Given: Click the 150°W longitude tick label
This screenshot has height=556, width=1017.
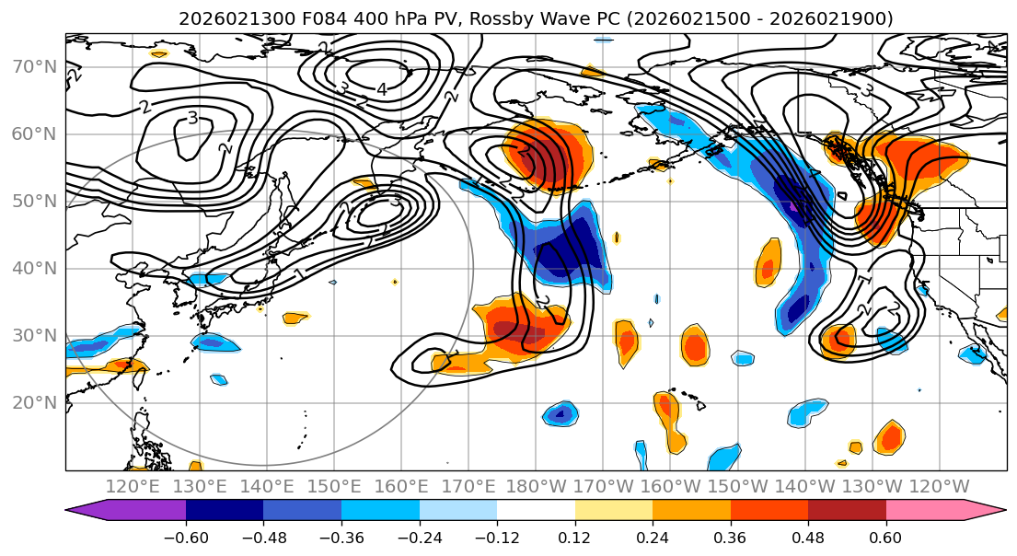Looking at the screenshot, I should pos(737,486).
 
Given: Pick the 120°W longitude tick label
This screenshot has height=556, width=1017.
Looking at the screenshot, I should pos(939,486).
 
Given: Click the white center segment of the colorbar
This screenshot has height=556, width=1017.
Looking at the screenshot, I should pos(536,511).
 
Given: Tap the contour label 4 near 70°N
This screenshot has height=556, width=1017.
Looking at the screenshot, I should pos(381,89).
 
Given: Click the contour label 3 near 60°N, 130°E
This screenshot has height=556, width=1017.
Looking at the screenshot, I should pos(192,118).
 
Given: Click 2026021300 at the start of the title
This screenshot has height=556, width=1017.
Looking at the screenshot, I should pos(221,18).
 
